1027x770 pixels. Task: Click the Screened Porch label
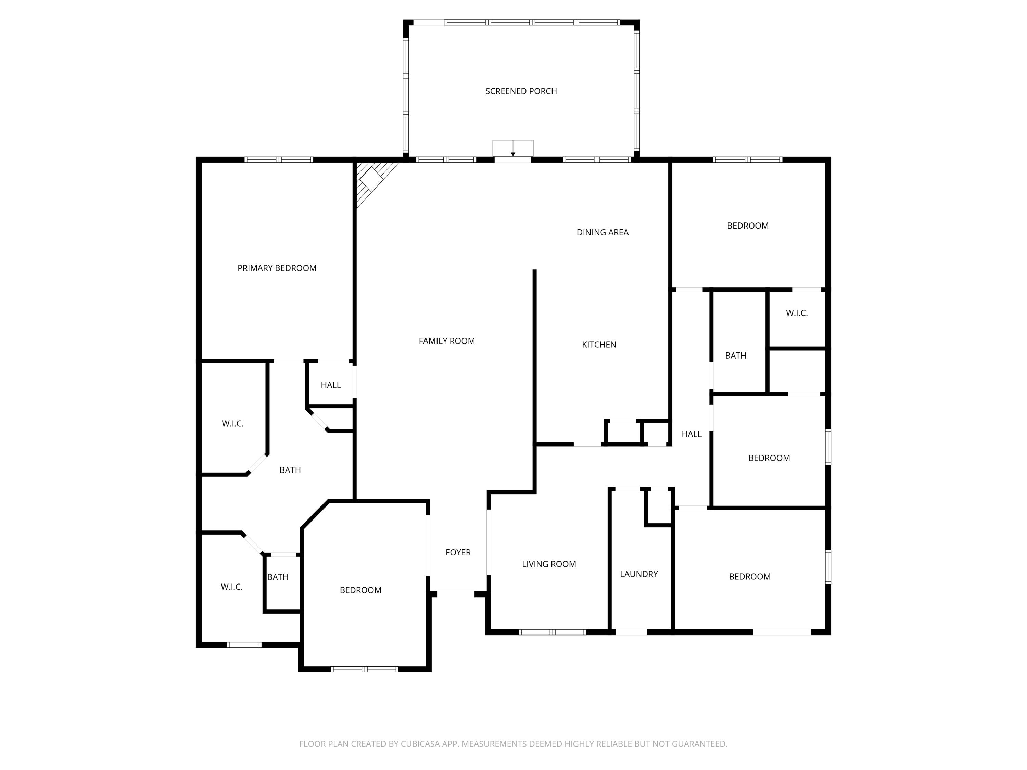pyautogui.click(x=521, y=91)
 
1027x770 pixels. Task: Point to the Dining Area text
pyautogui.click(x=602, y=232)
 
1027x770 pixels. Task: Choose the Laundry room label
pyautogui.click(x=638, y=574)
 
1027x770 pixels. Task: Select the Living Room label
pyautogui.click(x=549, y=564)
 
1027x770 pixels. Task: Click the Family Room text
pyautogui.click(x=447, y=341)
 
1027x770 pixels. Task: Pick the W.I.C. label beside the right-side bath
pyautogui.click(x=797, y=313)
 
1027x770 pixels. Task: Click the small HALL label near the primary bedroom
pyautogui.click(x=331, y=385)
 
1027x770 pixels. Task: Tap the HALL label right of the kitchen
pyautogui.click(x=691, y=434)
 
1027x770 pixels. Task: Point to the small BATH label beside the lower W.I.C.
pyautogui.click(x=278, y=577)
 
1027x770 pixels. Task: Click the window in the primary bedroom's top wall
pyautogui.click(x=279, y=160)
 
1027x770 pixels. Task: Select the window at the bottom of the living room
pyautogui.click(x=552, y=632)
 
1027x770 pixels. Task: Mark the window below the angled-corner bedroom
pyautogui.click(x=365, y=669)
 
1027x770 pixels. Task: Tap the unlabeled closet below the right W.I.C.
pyautogui.click(x=797, y=371)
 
